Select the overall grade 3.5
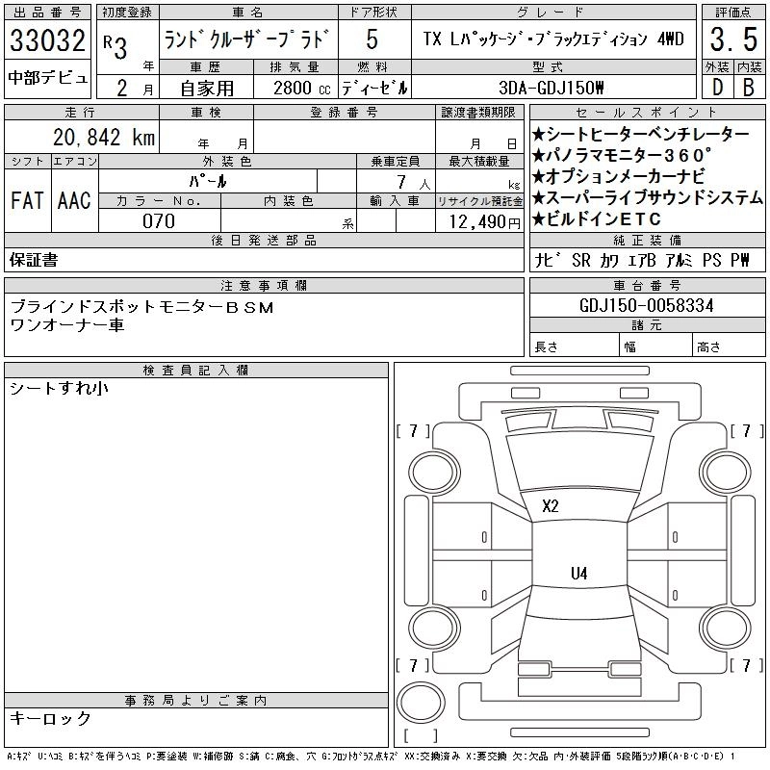click(731, 40)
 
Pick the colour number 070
click(159, 220)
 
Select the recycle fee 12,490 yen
click(479, 220)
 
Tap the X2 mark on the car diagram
click(551, 505)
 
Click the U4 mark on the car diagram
click(578, 573)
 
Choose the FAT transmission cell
click(27, 200)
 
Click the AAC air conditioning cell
click(74, 200)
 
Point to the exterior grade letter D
click(716, 87)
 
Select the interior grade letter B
click(748, 87)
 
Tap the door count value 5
click(372, 40)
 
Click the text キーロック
click(50, 718)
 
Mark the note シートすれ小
click(59, 388)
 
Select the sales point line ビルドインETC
click(597, 219)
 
